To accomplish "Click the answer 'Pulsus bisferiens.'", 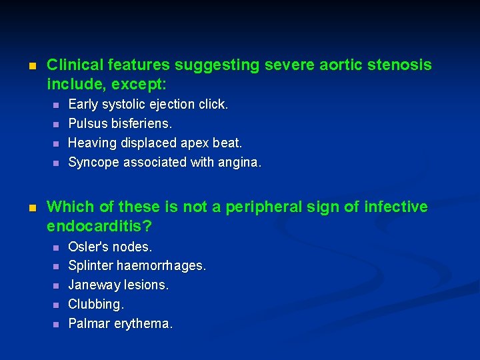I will pos(120,123).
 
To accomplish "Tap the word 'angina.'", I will pos(237,162).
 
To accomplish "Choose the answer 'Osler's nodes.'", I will pos(110,247).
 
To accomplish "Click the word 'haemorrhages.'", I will pos(161,266).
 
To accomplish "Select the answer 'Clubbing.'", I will pos(96,305).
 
